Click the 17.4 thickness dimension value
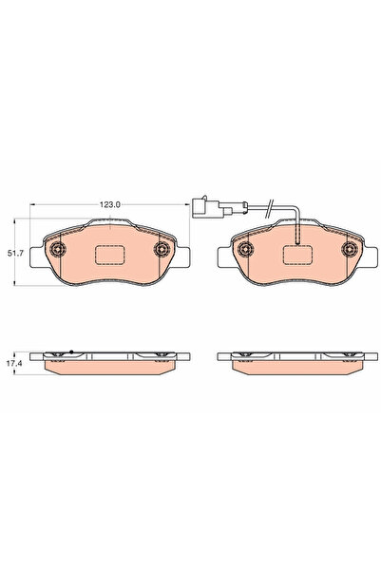coord(15,362)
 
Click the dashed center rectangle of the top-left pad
coord(109,257)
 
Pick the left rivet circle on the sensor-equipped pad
coord(247,250)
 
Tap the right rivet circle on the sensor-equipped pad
coord(348,250)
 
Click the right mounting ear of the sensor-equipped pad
coord(370,255)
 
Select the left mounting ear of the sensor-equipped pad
coord(225,255)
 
